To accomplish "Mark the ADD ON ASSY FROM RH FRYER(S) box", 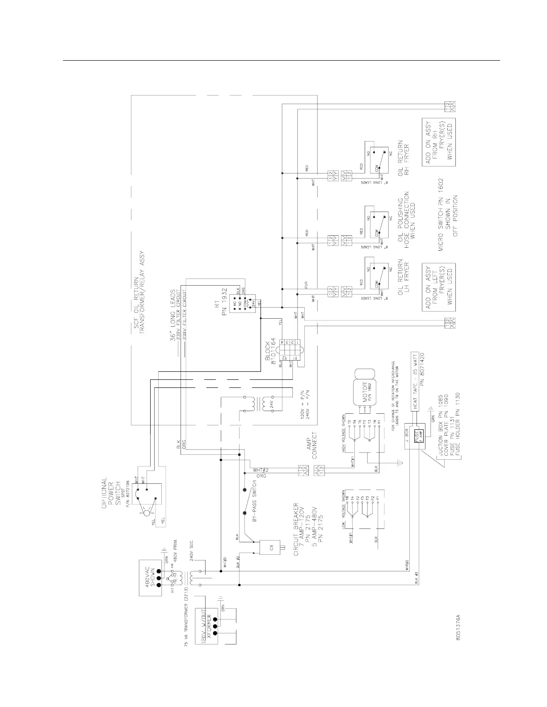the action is (439, 142).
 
